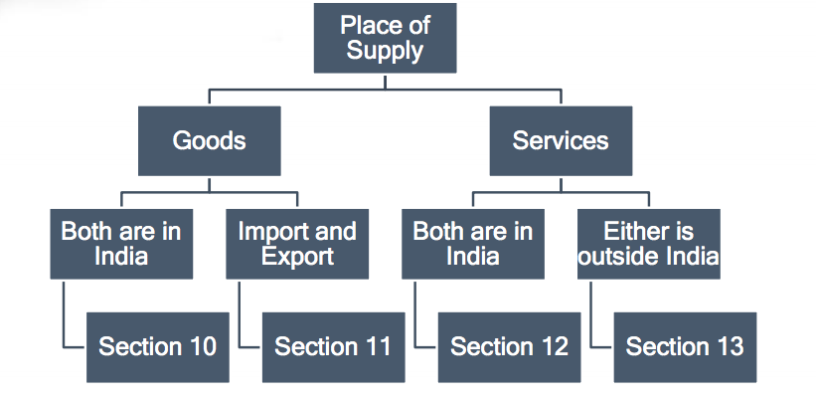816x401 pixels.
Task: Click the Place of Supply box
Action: pos(385,39)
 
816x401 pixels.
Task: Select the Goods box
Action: pos(209,140)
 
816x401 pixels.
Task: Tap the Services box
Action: pos(561,140)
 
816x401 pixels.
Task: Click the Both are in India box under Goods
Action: pos(121,244)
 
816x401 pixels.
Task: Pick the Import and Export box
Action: pos(297,244)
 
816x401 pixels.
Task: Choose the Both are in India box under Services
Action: pos(473,244)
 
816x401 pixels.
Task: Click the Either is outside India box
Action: pos(649,244)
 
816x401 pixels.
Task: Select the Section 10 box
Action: pos(157,346)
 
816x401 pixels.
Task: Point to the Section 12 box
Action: pos(509,346)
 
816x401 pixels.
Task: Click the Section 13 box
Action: pos(685,346)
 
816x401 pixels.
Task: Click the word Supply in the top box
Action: pos(385,51)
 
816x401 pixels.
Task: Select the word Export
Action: pos(297,257)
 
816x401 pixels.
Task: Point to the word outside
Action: pos(619,257)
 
